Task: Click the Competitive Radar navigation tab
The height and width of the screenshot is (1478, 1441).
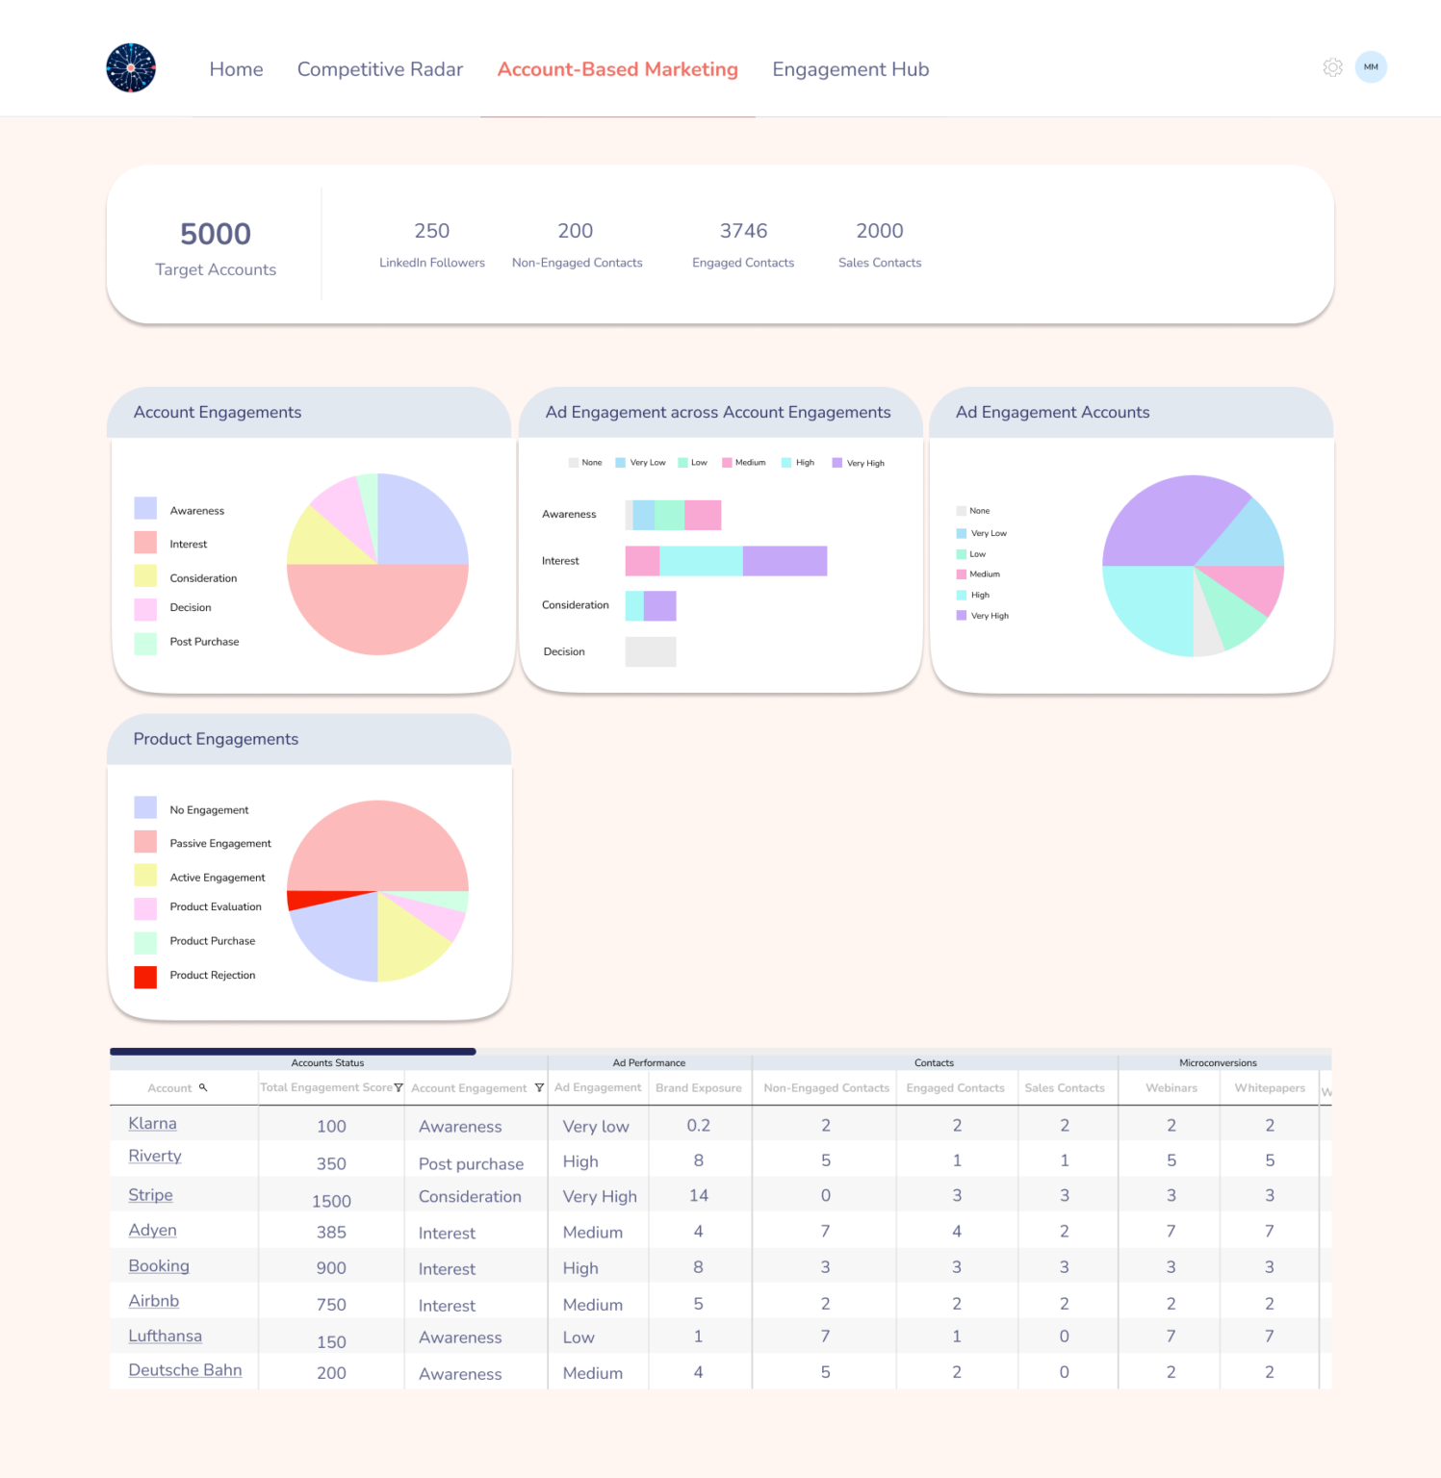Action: [379, 69]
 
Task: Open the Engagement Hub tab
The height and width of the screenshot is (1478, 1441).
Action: [850, 69]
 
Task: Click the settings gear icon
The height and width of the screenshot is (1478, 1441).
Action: [1332, 67]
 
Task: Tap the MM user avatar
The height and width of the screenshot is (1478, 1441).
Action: [1371, 67]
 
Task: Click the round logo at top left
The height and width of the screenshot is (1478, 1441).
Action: [131, 68]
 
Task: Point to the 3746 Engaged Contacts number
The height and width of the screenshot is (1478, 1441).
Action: [743, 231]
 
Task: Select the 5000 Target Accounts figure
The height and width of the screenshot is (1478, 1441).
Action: [216, 234]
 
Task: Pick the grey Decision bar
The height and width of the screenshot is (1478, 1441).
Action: [651, 651]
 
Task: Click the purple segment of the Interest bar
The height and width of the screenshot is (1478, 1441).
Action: [785, 561]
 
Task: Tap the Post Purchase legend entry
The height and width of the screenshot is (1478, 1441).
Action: [204, 642]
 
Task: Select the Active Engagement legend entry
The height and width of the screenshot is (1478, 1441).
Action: [217, 878]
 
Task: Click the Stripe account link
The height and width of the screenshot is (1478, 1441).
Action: [151, 1195]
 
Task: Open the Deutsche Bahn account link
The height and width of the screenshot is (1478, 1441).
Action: [185, 1370]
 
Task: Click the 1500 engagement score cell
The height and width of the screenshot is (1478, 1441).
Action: [331, 1201]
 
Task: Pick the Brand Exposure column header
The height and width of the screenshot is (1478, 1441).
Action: [699, 1088]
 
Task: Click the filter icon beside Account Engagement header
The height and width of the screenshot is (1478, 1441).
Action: [539, 1088]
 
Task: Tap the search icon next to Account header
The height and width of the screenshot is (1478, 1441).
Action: [203, 1087]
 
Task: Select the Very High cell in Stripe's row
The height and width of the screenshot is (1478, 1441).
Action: [600, 1196]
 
